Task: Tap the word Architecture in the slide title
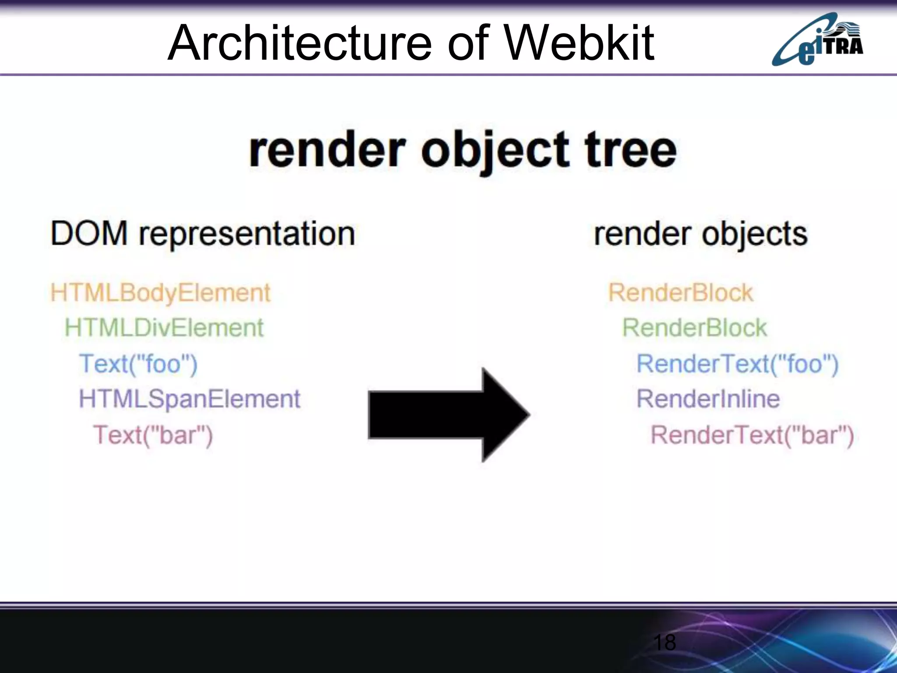(x=300, y=43)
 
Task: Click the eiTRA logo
(x=817, y=39)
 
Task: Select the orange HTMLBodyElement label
(x=160, y=293)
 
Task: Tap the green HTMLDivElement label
(x=164, y=328)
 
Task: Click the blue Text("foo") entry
(x=138, y=364)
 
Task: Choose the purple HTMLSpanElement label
(x=190, y=399)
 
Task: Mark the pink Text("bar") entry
(x=153, y=435)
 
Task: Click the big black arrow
(x=449, y=414)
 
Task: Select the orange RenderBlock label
(x=681, y=293)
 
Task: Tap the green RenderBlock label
(x=695, y=328)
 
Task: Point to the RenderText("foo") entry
(x=738, y=364)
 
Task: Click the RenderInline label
(x=708, y=399)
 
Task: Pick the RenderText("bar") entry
(x=752, y=435)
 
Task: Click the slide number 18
(x=664, y=643)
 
